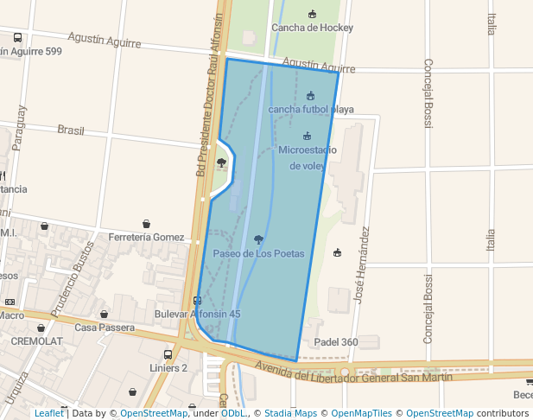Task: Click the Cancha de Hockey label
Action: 312,28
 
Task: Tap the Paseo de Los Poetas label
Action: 259,253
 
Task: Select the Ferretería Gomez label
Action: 146,238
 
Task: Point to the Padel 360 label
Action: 337,342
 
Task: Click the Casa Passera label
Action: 105,328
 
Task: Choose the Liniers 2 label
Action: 168,367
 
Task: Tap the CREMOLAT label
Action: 35,340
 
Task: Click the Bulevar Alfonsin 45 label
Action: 197,314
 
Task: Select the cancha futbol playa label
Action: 311,110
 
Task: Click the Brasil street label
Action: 71,130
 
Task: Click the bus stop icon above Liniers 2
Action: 168,354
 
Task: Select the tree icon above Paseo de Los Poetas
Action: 259,239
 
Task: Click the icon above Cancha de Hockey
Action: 312,14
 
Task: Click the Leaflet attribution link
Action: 48,413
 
